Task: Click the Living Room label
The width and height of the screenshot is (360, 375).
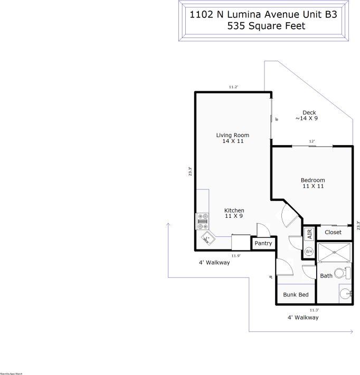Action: tap(232, 136)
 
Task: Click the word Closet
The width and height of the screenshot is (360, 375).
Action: tap(333, 232)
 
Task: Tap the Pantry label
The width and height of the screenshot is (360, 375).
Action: tap(263, 244)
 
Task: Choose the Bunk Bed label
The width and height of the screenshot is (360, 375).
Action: tap(296, 295)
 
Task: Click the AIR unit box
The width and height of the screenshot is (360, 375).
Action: tap(309, 233)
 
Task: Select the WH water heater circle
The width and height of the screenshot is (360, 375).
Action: tap(309, 251)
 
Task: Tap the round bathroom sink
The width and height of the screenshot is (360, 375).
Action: tap(345, 294)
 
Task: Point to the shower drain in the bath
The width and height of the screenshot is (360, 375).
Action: tap(334, 253)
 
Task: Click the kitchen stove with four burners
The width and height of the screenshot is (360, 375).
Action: tap(202, 221)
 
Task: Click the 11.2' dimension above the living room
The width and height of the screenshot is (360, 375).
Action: tap(234, 87)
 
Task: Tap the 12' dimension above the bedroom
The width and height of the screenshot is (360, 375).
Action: tap(312, 141)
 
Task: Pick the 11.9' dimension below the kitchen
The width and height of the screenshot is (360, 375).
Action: tap(236, 256)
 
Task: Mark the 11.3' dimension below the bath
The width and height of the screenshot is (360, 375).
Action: tap(315, 310)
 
